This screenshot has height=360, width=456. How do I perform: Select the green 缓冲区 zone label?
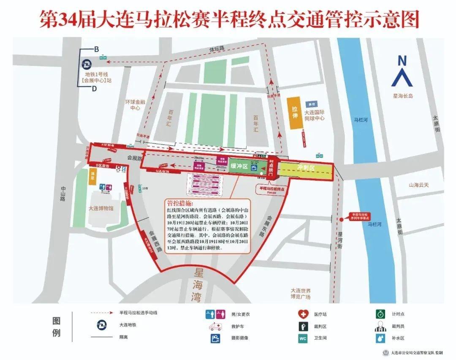tap(239, 166)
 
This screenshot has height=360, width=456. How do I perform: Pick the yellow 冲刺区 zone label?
tap(306, 168)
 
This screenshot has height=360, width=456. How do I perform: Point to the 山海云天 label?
tap(418, 185)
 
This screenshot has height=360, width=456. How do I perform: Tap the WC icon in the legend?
tap(302, 338)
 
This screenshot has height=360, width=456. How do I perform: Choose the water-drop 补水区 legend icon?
tap(380, 338)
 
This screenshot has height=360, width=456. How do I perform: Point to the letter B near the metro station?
tap(96, 49)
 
